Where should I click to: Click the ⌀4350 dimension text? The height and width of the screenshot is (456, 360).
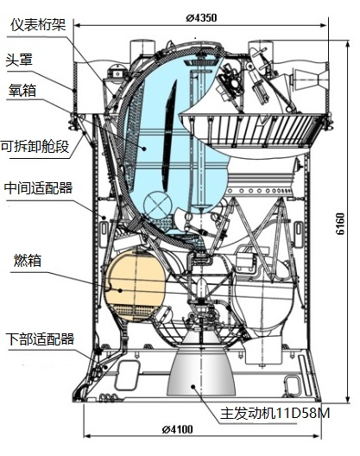(x=201, y=18)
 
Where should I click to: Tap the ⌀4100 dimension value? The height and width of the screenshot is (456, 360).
(x=177, y=429)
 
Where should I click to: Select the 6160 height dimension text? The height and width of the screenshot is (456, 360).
(x=340, y=224)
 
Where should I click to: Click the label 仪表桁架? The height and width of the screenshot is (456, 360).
(x=38, y=24)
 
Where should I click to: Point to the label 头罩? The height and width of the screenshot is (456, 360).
(x=19, y=60)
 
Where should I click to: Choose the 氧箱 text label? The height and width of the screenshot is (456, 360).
(x=22, y=90)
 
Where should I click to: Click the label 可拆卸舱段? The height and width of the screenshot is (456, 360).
(x=35, y=146)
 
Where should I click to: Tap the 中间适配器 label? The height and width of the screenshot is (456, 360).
(x=38, y=188)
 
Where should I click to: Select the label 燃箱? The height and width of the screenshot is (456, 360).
(x=28, y=260)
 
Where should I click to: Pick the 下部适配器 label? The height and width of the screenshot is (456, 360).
(x=40, y=339)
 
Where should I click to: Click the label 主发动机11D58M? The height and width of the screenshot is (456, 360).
(x=275, y=413)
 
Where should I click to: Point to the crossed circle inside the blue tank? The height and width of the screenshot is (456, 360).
(x=157, y=205)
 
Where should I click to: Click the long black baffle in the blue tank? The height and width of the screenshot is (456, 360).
(x=169, y=136)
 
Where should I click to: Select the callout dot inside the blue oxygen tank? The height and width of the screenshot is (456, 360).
(x=144, y=149)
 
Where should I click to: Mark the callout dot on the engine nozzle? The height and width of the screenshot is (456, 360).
(x=193, y=386)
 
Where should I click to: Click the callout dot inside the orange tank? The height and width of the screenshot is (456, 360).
(x=120, y=290)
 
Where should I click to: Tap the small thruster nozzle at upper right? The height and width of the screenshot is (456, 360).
(x=309, y=79)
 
